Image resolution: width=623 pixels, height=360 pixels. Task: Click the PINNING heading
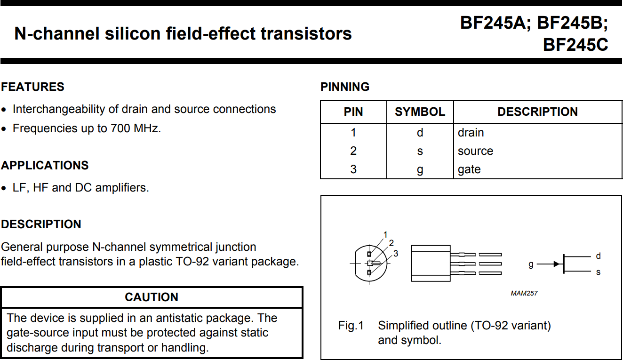(344, 87)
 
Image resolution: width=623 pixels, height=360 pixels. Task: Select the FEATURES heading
(32, 87)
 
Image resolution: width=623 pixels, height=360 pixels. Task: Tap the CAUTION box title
(152, 297)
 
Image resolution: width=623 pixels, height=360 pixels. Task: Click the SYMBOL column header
(420, 112)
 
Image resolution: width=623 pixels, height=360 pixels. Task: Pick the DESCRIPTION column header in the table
(537, 112)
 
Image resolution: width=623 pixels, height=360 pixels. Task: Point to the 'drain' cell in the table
(471, 133)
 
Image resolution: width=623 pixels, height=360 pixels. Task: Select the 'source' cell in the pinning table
(475, 151)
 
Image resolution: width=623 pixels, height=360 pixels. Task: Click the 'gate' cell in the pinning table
(469, 169)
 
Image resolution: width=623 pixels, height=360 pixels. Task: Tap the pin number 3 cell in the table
(353, 169)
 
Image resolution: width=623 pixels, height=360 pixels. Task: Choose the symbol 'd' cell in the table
(420, 133)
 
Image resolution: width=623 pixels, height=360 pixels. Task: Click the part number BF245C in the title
(575, 45)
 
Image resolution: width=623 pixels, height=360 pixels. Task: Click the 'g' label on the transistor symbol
(531, 264)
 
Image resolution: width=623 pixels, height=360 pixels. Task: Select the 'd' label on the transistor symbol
(598, 256)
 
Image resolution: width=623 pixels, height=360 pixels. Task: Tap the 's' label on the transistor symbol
(598, 272)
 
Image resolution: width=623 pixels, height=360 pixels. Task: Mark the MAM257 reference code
(524, 293)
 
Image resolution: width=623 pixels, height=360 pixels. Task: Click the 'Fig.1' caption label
(351, 326)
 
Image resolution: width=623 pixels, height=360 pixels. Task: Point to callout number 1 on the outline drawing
(385, 234)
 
